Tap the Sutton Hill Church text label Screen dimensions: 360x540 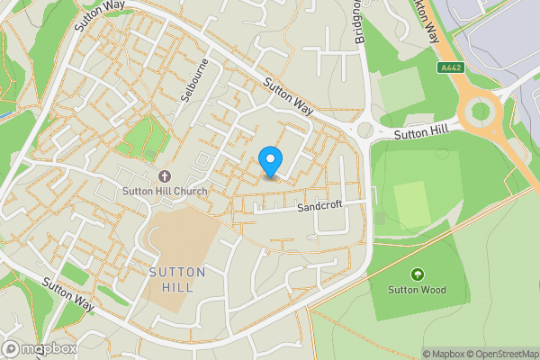click(x=165, y=192)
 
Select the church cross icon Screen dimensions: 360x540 click(x=165, y=176)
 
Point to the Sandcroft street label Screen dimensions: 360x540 click(x=319, y=208)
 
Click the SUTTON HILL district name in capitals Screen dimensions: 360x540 click(x=177, y=280)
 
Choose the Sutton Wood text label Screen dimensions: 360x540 click(x=417, y=290)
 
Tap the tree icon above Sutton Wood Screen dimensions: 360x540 click(x=417, y=274)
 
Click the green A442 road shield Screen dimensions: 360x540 click(x=451, y=67)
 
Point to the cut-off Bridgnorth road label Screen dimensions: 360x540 click(x=359, y=22)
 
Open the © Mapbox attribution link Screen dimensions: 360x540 click(x=444, y=354)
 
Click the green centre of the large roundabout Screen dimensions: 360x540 click(x=481, y=112)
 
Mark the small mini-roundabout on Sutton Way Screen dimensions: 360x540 click(x=364, y=131)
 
